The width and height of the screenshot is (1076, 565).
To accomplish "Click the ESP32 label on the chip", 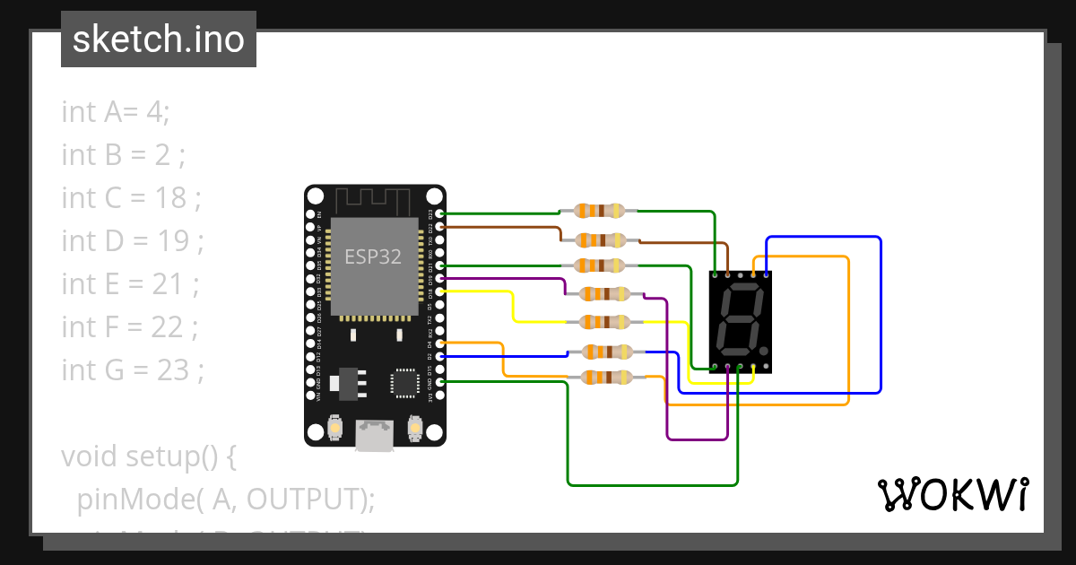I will tap(374, 256).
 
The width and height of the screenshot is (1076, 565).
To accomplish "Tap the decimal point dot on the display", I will tap(763, 352).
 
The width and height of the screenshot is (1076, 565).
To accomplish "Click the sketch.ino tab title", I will tap(158, 39).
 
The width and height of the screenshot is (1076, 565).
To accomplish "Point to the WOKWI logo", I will tap(952, 494).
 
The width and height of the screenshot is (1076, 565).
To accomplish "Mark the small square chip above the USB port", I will tap(404, 383).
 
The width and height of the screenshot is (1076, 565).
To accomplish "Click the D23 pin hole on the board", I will tap(438, 213).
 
